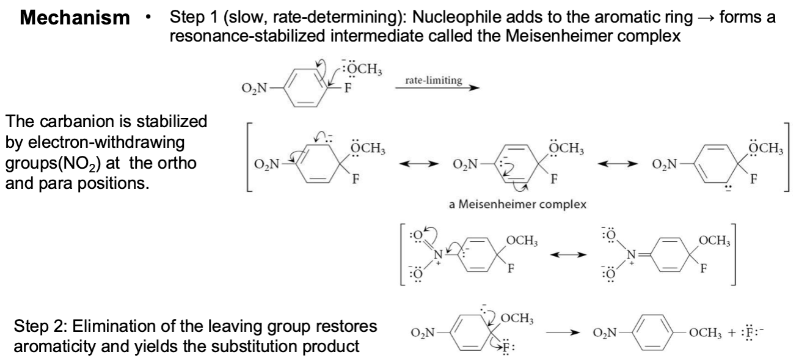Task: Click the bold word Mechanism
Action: coord(75,18)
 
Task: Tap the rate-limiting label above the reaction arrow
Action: coord(433,80)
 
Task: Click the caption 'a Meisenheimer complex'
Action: coord(517,204)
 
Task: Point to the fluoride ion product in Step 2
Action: coord(751,332)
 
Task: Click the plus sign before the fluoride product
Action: coord(732,332)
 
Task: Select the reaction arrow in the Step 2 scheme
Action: coord(563,332)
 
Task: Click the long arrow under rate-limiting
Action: coord(437,88)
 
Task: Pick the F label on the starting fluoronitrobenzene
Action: coord(348,88)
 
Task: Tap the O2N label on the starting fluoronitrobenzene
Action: coord(254,88)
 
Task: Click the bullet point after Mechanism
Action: coord(148,17)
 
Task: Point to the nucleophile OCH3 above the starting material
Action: coord(362,68)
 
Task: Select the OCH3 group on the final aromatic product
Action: coord(705,332)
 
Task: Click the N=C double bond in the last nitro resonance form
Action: coord(644,255)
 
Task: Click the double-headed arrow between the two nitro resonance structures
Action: coord(568,255)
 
